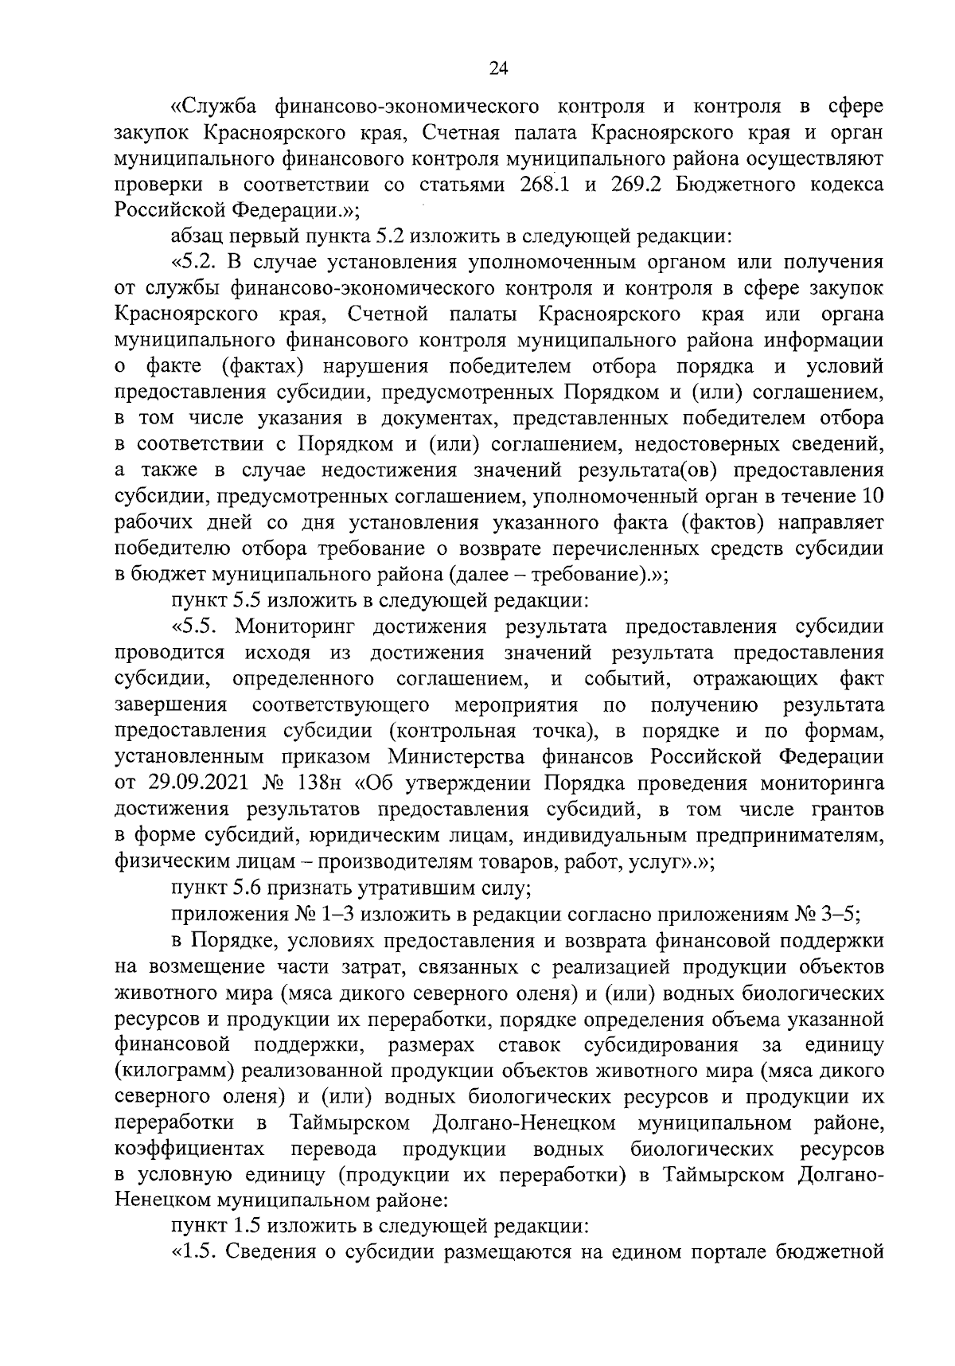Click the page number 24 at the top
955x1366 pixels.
coord(498,69)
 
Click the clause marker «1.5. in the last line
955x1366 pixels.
coord(196,1253)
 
